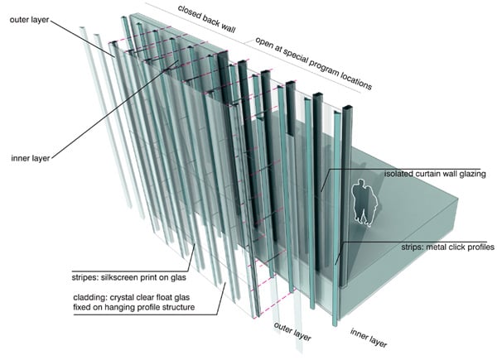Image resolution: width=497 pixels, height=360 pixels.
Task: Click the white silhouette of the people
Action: pyautogui.click(x=364, y=202)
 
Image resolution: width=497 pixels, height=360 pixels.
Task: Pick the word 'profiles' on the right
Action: pyautogui.click(x=477, y=247)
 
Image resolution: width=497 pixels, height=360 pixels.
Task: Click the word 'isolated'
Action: pyautogui.click(x=401, y=175)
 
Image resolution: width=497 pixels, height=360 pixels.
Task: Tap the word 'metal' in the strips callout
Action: pyautogui.click(x=423, y=247)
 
